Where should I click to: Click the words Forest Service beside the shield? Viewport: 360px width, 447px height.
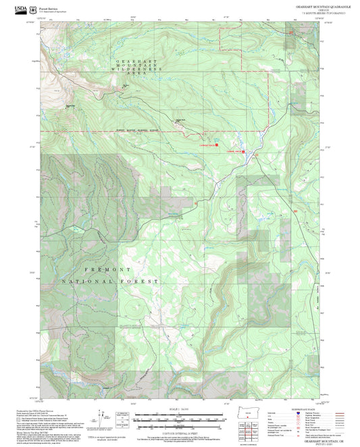click(49, 6)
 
